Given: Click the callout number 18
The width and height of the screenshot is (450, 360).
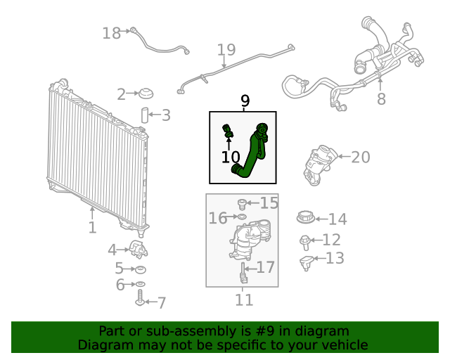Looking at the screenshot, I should coord(111,33).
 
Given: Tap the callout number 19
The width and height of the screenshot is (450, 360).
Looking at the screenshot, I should coord(226,50).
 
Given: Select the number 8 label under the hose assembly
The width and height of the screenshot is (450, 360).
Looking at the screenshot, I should coord(381,99).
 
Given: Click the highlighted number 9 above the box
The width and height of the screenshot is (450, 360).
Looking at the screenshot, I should coord(245,101).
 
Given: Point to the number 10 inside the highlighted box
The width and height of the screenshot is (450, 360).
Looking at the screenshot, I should coord(231,157).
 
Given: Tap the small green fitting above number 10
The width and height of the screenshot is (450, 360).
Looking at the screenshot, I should coord(229,130).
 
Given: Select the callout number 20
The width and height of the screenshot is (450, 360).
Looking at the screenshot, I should coord(360,157).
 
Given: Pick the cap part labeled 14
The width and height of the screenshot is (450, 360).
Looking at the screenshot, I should coord(305,219).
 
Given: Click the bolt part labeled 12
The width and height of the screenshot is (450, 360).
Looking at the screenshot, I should coord(307,241).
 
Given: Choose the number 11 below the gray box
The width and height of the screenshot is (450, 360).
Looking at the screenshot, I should coord(243,300).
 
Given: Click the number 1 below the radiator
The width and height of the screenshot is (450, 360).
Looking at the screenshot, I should coord(92,228).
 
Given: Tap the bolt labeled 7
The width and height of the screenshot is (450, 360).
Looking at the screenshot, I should coord(139,301).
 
